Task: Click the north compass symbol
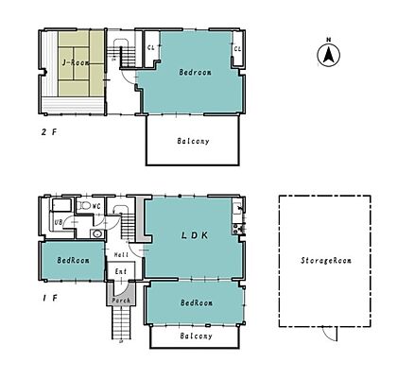[328, 53]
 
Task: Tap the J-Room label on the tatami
[76, 62]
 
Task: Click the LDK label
[195, 235]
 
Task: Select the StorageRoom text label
[326, 261]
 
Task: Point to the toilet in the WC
[83, 206]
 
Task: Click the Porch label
[121, 301]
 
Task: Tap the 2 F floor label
[49, 132]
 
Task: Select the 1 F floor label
[50, 298]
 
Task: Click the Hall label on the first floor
[121, 254]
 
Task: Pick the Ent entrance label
[121, 271]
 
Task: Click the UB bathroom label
[59, 222]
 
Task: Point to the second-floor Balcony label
[193, 141]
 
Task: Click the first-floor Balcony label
[196, 336]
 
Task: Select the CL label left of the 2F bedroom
[151, 48]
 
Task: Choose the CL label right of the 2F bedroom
[237, 49]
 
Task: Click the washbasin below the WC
[97, 233]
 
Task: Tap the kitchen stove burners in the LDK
[238, 229]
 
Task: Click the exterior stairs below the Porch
[121, 322]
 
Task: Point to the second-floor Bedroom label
[195, 72]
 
